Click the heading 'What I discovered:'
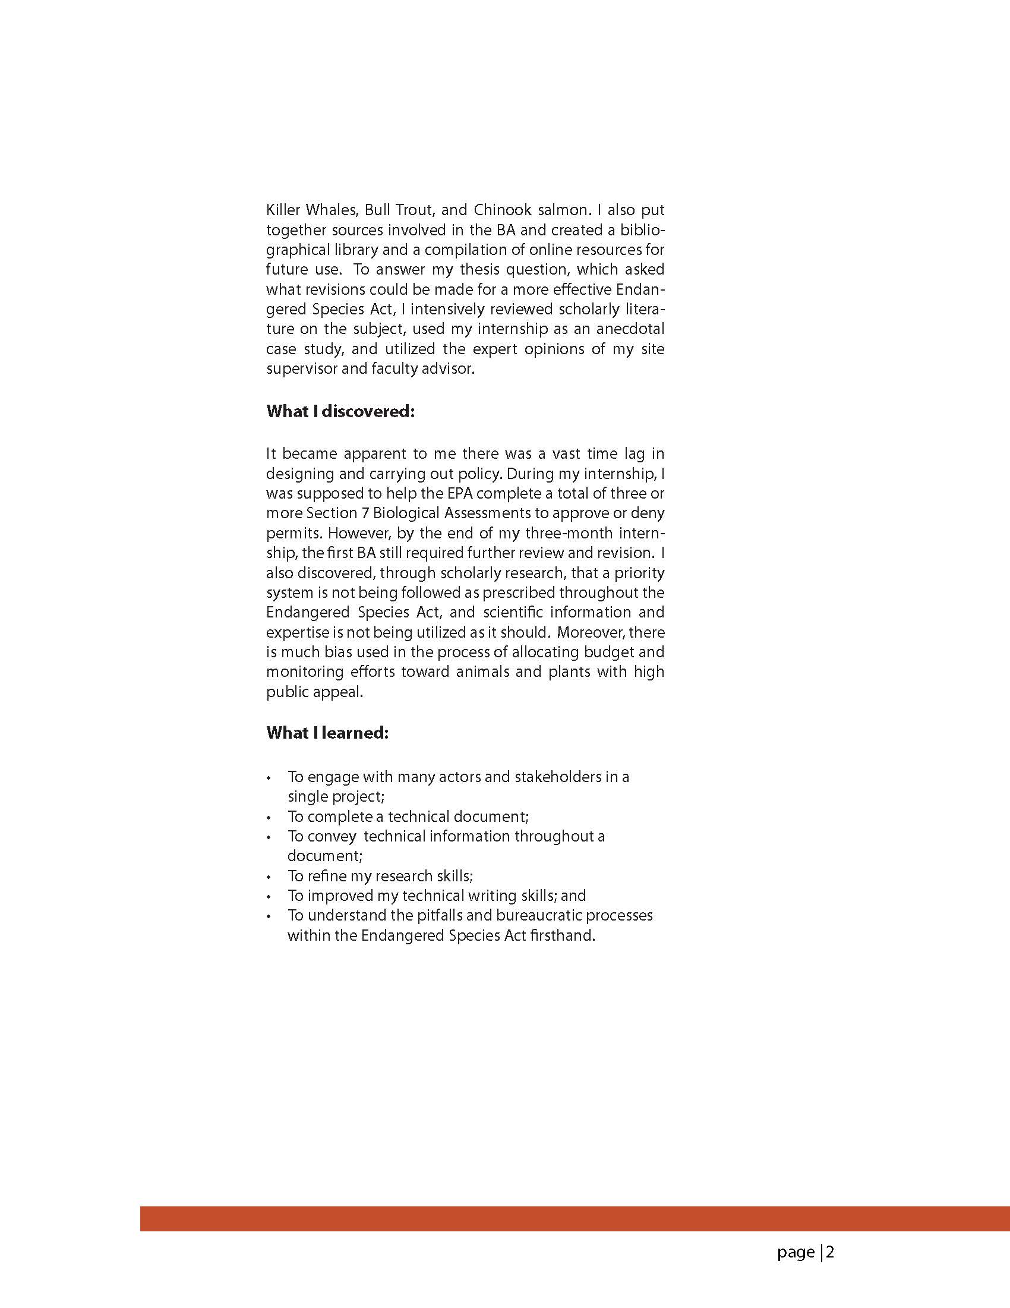pyautogui.click(x=340, y=411)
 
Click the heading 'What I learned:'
pyautogui.click(x=327, y=733)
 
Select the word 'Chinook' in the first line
pyautogui.click(x=501, y=210)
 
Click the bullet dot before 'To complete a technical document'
pyautogui.click(x=270, y=818)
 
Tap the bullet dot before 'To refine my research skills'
pyautogui.click(x=270, y=877)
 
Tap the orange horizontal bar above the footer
pyautogui.click(x=575, y=1218)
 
